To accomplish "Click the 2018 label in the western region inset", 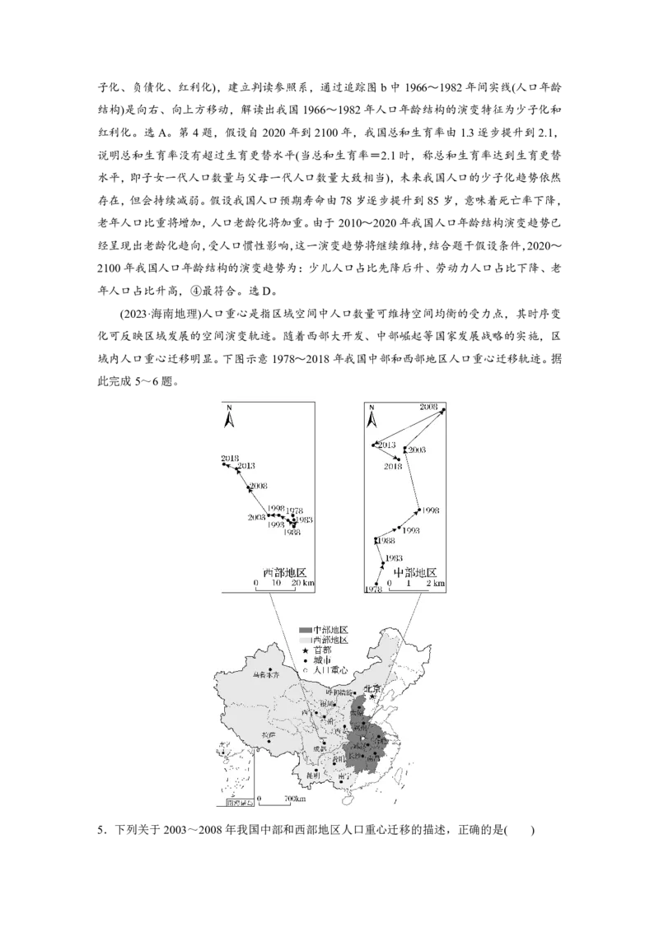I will pyautogui.click(x=230, y=458).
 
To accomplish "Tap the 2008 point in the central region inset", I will pyautogui.click(x=443, y=410).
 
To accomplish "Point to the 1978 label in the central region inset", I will pyautogui.click(x=373, y=589).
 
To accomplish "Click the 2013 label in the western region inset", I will pyautogui.click(x=245, y=467).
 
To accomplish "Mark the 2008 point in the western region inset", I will pyautogui.click(x=249, y=487).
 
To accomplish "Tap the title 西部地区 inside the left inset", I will pyautogui.click(x=284, y=572).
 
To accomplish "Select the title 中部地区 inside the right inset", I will pyautogui.click(x=414, y=572).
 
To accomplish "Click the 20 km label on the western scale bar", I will pyautogui.click(x=301, y=583).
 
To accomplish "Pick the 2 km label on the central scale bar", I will pyautogui.click(x=434, y=583).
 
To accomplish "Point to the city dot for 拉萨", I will pyautogui.click(x=269, y=741).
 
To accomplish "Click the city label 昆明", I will pyautogui.click(x=312, y=776).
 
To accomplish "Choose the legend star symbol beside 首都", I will pyautogui.click(x=305, y=650).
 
